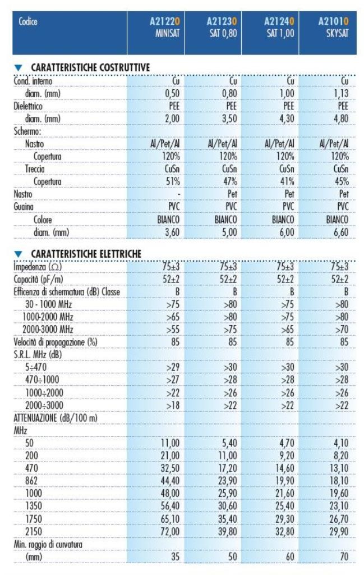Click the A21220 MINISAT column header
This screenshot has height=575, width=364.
pos(162,26)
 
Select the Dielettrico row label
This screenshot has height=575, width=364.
pos(28,106)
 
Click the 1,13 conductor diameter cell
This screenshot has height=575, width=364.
pos(341,93)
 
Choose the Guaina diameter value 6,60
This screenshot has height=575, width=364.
pos(340,231)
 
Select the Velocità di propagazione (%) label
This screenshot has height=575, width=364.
pos(54,341)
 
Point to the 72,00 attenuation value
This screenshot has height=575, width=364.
pos(167,530)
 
